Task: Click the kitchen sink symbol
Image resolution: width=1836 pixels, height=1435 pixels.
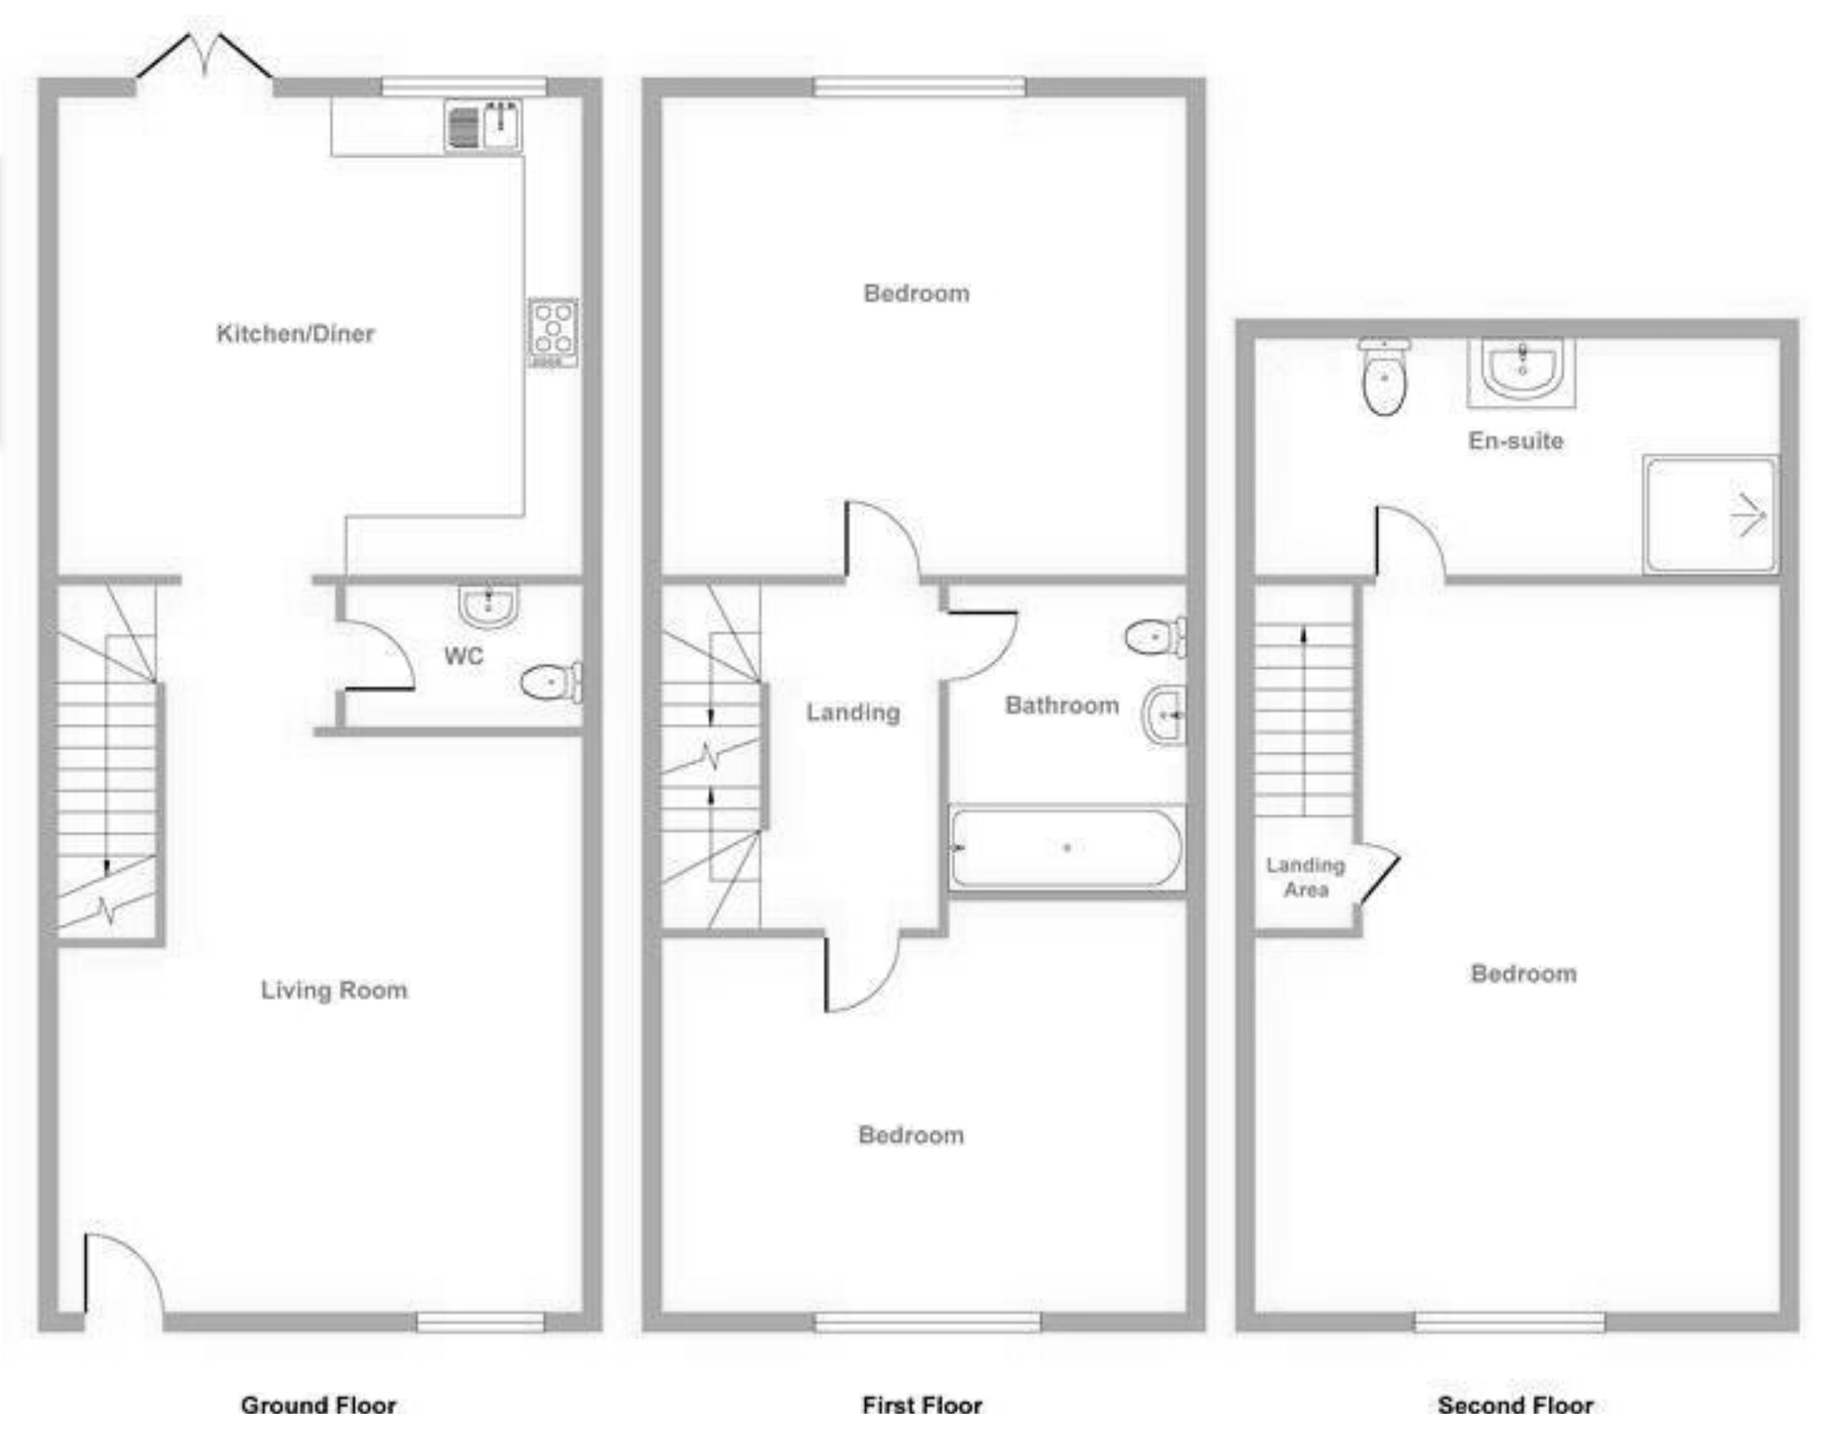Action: point(483,126)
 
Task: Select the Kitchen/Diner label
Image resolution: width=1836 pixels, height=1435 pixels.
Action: point(295,333)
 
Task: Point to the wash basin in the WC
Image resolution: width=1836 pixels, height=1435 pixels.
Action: point(489,605)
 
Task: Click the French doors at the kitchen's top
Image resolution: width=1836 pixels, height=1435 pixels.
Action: point(205,59)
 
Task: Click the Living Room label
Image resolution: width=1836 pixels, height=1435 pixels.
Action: point(334,990)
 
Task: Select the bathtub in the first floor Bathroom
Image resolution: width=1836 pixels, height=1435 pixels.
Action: point(1067,847)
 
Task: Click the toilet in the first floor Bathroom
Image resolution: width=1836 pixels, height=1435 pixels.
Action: point(1155,636)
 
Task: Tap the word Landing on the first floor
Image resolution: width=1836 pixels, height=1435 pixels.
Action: point(853,712)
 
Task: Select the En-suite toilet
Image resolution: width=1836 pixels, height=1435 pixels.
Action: point(1384,380)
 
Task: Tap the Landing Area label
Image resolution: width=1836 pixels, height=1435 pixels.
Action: point(1305,877)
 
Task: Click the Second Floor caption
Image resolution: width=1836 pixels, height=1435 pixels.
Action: point(1516,1405)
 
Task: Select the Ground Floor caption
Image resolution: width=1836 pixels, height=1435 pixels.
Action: point(318,1405)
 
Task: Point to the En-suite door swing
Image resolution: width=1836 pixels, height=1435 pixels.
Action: point(1410,540)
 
